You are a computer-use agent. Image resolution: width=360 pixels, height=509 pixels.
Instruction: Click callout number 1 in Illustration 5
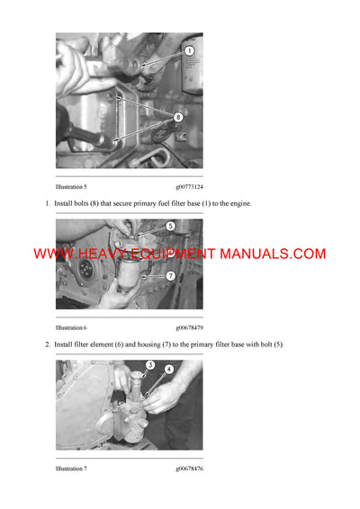click(x=189, y=52)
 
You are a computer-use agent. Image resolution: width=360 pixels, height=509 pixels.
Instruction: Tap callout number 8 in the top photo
click(x=178, y=117)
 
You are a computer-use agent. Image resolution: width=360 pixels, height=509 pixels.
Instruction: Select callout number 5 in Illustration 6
click(x=170, y=227)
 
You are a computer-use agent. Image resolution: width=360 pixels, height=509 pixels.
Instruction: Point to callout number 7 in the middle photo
click(x=170, y=275)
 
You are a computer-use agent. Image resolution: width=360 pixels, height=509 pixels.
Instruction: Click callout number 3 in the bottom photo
click(x=150, y=366)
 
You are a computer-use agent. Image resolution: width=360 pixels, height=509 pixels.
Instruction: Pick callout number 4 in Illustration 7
click(x=168, y=369)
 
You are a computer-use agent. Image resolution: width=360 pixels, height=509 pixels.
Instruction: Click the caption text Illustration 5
click(x=71, y=186)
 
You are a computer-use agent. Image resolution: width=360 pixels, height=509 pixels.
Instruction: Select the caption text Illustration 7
click(x=71, y=469)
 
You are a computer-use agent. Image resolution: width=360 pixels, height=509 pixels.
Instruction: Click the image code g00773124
click(x=189, y=186)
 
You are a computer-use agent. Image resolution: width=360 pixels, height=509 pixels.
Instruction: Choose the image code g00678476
click(x=189, y=469)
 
